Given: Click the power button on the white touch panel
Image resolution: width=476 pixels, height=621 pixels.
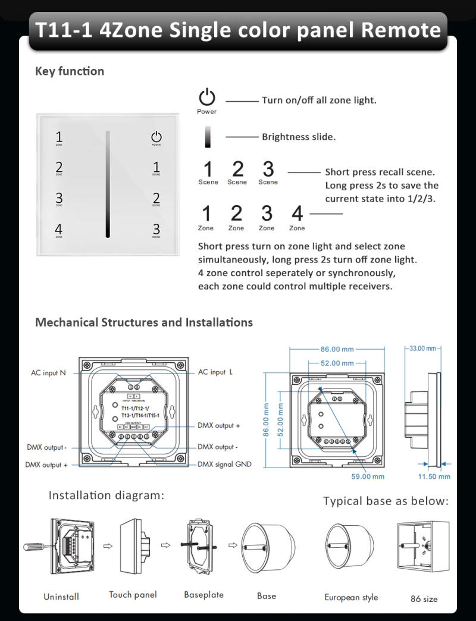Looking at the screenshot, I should point(156,137).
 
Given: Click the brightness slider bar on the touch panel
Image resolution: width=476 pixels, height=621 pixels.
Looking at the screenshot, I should point(108,184).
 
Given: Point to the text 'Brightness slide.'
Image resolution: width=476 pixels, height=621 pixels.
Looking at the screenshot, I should point(299,137).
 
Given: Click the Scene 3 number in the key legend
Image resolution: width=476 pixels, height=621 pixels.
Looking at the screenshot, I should point(268,169).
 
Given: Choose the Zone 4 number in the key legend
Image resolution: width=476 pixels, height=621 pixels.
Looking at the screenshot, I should point(297,213).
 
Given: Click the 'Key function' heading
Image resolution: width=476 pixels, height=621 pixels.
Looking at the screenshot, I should point(70,71).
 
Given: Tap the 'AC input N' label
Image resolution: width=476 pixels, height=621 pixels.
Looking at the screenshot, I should point(49,373).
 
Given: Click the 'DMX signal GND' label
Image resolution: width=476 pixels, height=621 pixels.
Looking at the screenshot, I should point(224,465).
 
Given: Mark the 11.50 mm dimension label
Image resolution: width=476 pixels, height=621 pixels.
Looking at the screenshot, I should point(434,476).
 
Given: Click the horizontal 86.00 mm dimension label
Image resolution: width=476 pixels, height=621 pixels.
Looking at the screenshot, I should point(337,349).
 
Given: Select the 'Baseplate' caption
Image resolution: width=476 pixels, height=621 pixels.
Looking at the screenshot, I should point(203,595).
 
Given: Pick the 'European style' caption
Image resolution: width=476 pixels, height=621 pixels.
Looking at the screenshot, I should point(351,597).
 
